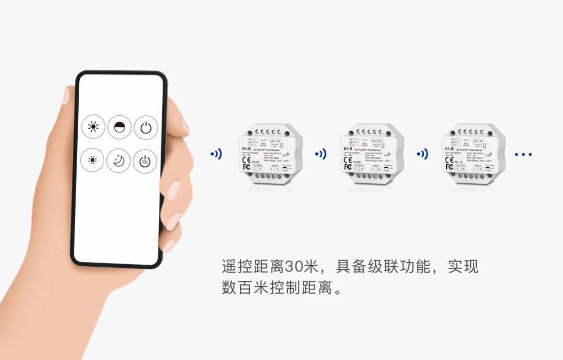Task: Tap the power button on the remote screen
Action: tap(145, 127)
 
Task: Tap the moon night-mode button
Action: tap(119, 161)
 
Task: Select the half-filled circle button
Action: tap(119, 127)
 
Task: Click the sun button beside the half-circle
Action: tap(93, 127)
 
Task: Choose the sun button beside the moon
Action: tap(93, 161)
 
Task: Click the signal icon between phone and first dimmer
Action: tap(216, 154)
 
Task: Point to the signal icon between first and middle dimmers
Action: tap(320, 154)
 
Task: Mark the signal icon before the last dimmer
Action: tap(422, 154)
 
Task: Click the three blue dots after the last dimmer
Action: tap(523, 154)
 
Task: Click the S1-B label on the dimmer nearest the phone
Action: tap(246, 149)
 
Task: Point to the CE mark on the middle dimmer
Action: tap(348, 160)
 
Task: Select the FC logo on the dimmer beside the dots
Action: tap(449, 167)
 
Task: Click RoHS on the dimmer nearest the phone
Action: tap(255, 162)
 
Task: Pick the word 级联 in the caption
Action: tap(377, 267)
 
